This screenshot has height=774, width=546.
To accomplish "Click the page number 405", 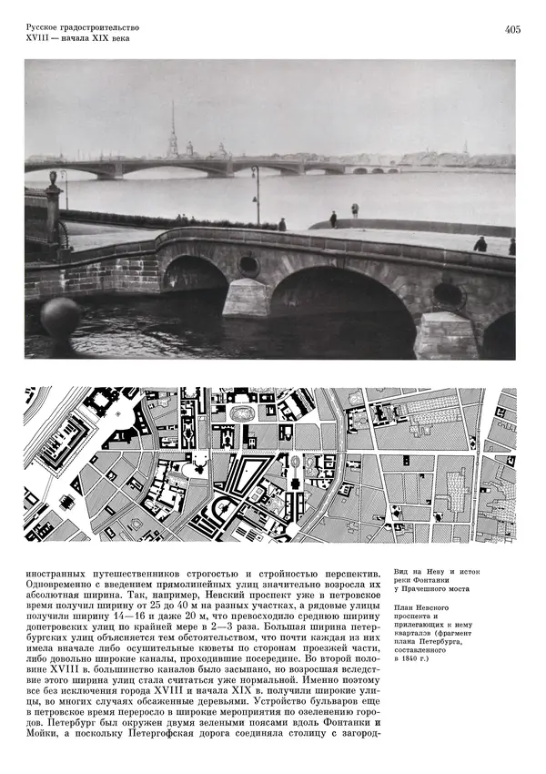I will pos(511,30).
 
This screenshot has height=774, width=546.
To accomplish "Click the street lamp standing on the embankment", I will pos(257,193).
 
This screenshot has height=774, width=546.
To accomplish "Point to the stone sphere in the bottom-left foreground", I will pos(60,318).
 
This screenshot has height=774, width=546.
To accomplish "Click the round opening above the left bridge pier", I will pos(248,266).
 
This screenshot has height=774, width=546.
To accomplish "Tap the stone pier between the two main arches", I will pos(247,298).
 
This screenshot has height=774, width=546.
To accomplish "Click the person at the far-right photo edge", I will pos(511,246).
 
